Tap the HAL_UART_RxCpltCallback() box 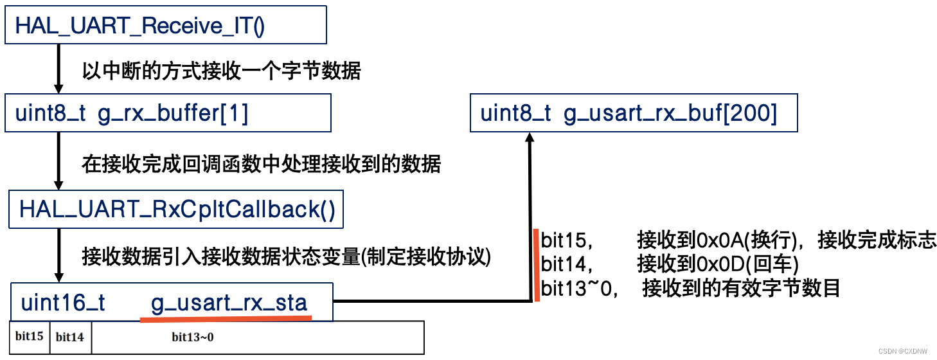tap(175, 210)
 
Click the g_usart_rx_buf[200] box tap(633, 114)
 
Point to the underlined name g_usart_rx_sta tap(229, 303)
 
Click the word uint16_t tap(63, 303)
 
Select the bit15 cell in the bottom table tap(30, 336)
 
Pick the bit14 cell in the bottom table tap(70, 336)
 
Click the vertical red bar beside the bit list tap(536, 264)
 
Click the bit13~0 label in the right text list tap(577, 287)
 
